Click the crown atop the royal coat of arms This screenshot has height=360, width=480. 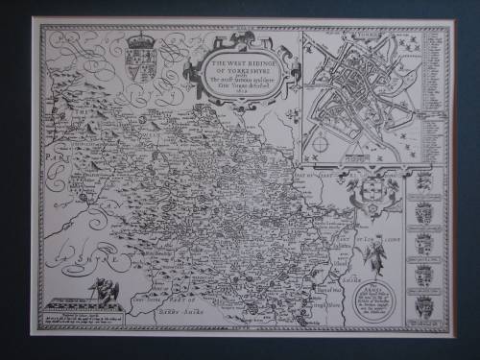[139, 41]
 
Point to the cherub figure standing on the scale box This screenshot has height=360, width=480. [107, 288]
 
